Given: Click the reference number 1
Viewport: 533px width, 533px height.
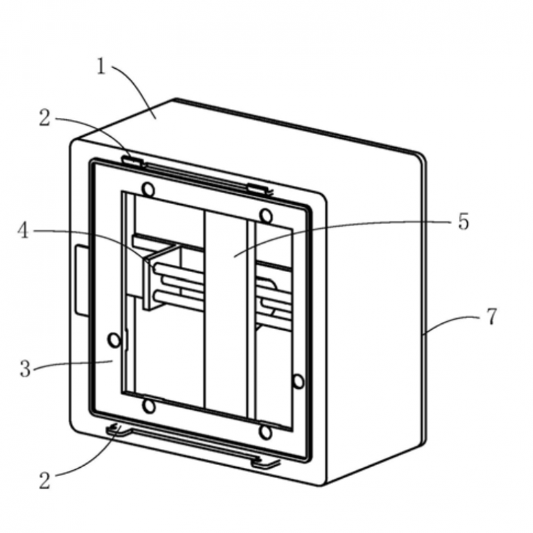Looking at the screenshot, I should tap(101, 67).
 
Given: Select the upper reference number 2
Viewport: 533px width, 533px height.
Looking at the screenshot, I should tap(44, 119).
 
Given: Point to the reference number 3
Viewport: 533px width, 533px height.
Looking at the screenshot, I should tap(25, 369).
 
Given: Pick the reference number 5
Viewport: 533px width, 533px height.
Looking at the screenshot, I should tap(463, 222).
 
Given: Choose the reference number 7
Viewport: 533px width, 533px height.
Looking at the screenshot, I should tap(491, 316).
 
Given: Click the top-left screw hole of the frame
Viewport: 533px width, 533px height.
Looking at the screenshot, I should tap(148, 188).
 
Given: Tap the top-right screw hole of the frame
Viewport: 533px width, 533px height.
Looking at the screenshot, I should tap(265, 214).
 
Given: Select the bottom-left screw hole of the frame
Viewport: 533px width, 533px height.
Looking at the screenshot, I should tap(148, 405).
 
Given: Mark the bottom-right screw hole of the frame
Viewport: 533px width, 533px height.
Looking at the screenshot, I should tap(265, 432).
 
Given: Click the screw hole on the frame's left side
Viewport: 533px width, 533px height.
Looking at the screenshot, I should tap(113, 339).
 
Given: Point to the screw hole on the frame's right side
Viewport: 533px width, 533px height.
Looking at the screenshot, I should tap(298, 381).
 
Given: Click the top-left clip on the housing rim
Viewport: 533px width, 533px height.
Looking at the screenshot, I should tap(132, 161).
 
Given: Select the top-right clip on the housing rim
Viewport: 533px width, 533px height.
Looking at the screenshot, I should tap(258, 187).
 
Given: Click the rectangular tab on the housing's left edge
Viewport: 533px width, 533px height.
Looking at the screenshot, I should tap(81, 278).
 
